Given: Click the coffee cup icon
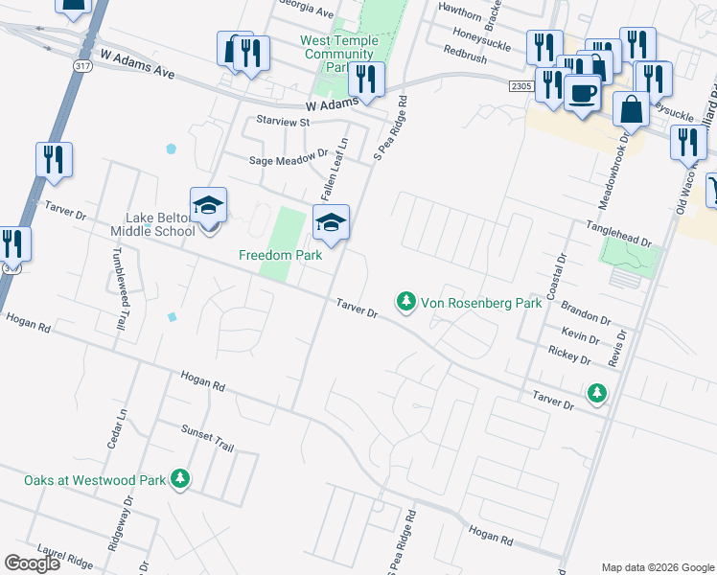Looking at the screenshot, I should point(581,94).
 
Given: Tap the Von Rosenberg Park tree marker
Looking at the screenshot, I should point(406,303).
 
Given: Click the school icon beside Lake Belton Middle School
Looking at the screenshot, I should point(208,207).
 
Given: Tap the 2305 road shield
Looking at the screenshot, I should point(520,86).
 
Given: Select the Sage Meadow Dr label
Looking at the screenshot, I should point(289,160).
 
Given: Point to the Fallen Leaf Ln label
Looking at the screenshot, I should point(340,162).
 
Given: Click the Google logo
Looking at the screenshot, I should point(32,563).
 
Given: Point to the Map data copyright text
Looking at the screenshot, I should point(657,567).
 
